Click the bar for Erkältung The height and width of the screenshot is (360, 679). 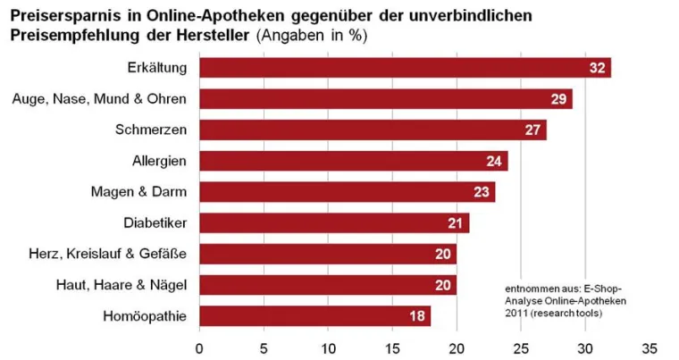[402, 68]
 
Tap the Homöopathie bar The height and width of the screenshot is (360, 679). [313, 316]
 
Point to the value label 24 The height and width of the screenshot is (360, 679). [495, 161]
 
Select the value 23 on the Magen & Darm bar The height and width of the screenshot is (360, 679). [482, 192]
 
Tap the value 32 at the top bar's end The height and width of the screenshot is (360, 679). [598, 68]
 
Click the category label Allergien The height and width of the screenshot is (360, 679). [159, 161]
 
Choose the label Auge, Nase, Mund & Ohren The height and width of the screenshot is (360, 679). [99, 99]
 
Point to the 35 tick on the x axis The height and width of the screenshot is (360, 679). [649, 347]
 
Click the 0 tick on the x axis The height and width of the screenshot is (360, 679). [199, 347]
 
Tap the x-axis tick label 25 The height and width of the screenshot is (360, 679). [521, 347]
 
